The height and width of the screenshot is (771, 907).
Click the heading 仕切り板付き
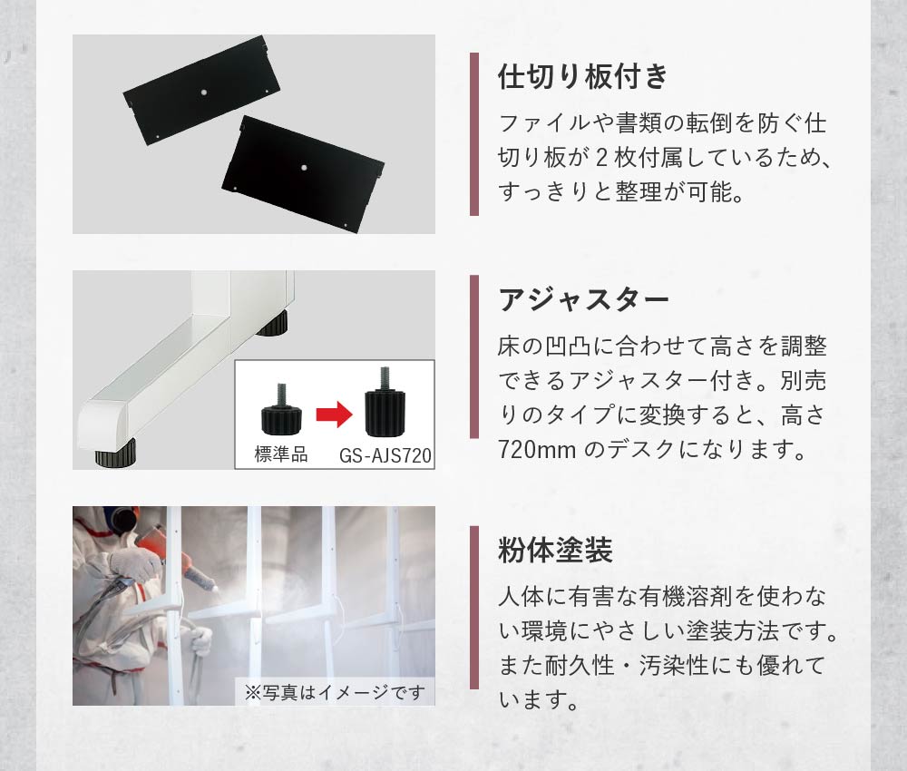pos(582,76)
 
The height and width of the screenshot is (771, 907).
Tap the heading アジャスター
pos(583,300)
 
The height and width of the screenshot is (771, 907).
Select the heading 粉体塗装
pos(555,550)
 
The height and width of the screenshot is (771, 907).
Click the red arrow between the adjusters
pos(335,415)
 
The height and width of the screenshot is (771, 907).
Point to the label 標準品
pos(281,454)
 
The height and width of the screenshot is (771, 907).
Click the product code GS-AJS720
pos(385,455)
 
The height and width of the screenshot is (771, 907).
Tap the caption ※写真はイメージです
pos(335,692)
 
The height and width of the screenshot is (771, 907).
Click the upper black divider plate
pos(201,91)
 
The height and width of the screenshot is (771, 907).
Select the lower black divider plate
pos(303,171)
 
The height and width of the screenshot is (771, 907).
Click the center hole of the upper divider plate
pos(203,92)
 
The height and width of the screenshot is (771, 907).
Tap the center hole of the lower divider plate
pos(304,168)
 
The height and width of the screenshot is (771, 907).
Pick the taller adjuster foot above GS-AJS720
pos(385,403)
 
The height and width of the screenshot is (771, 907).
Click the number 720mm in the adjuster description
pos(537,449)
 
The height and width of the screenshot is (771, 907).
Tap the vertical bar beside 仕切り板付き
pos(474,134)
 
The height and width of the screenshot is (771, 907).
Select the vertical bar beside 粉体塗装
pos(474,608)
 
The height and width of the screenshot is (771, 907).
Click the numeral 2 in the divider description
pos(601,158)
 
